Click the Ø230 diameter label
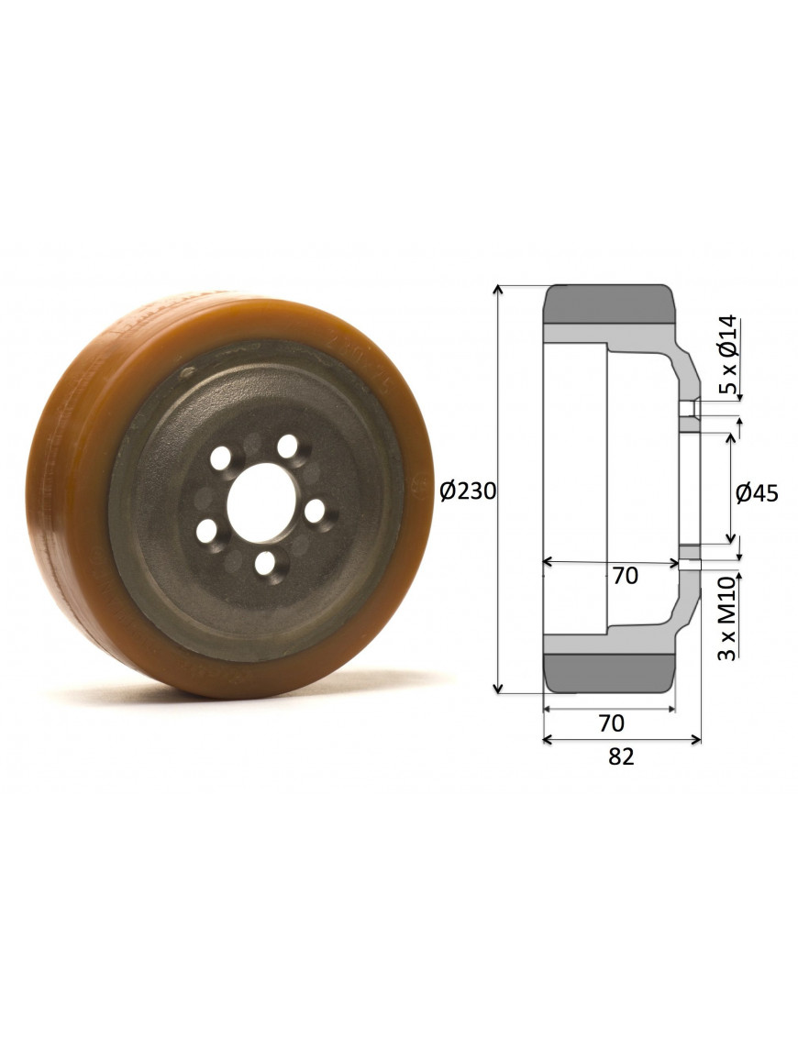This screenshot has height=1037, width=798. point(468,491)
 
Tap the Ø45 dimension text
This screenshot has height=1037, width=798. point(757,493)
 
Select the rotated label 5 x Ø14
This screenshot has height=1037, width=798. point(727,354)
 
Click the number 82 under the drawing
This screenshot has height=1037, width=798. point(621,756)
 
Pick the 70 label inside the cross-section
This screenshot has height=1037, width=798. point(625,576)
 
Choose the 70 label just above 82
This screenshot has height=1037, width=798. point(611,723)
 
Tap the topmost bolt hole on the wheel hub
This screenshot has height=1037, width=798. point(288,447)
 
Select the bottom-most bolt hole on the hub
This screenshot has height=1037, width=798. point(265,562)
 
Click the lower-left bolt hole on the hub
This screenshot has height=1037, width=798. point(208,530)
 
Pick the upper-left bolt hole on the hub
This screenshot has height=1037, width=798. point(221,457)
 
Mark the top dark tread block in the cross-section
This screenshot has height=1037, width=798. point(609,304)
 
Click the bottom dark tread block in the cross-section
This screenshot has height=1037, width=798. point(609,671)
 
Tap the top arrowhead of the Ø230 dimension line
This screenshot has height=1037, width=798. point(498,290)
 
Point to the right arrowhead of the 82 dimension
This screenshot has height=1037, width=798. point(697,739)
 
